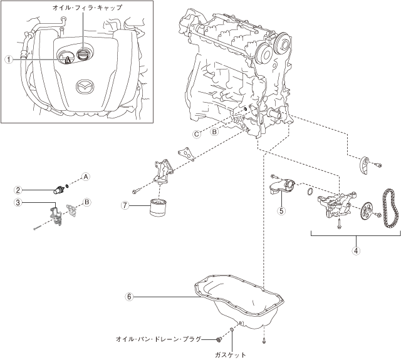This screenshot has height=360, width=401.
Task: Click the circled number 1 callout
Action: coord(8,59)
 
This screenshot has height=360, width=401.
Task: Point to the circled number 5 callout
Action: coord(282,211)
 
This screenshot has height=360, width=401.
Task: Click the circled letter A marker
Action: coord(86,177)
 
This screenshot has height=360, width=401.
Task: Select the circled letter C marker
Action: coord(196,134)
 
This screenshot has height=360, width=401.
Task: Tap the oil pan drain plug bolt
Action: coord(218,339)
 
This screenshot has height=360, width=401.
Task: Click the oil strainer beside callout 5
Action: coord(281,188)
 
